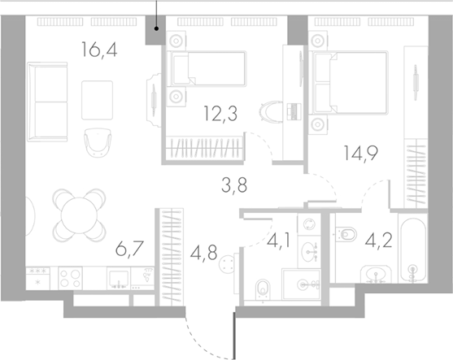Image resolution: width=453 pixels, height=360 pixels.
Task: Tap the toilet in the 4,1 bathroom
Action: tap(262, 288)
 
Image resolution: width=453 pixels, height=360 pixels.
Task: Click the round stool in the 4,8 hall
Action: tap(229, 262)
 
